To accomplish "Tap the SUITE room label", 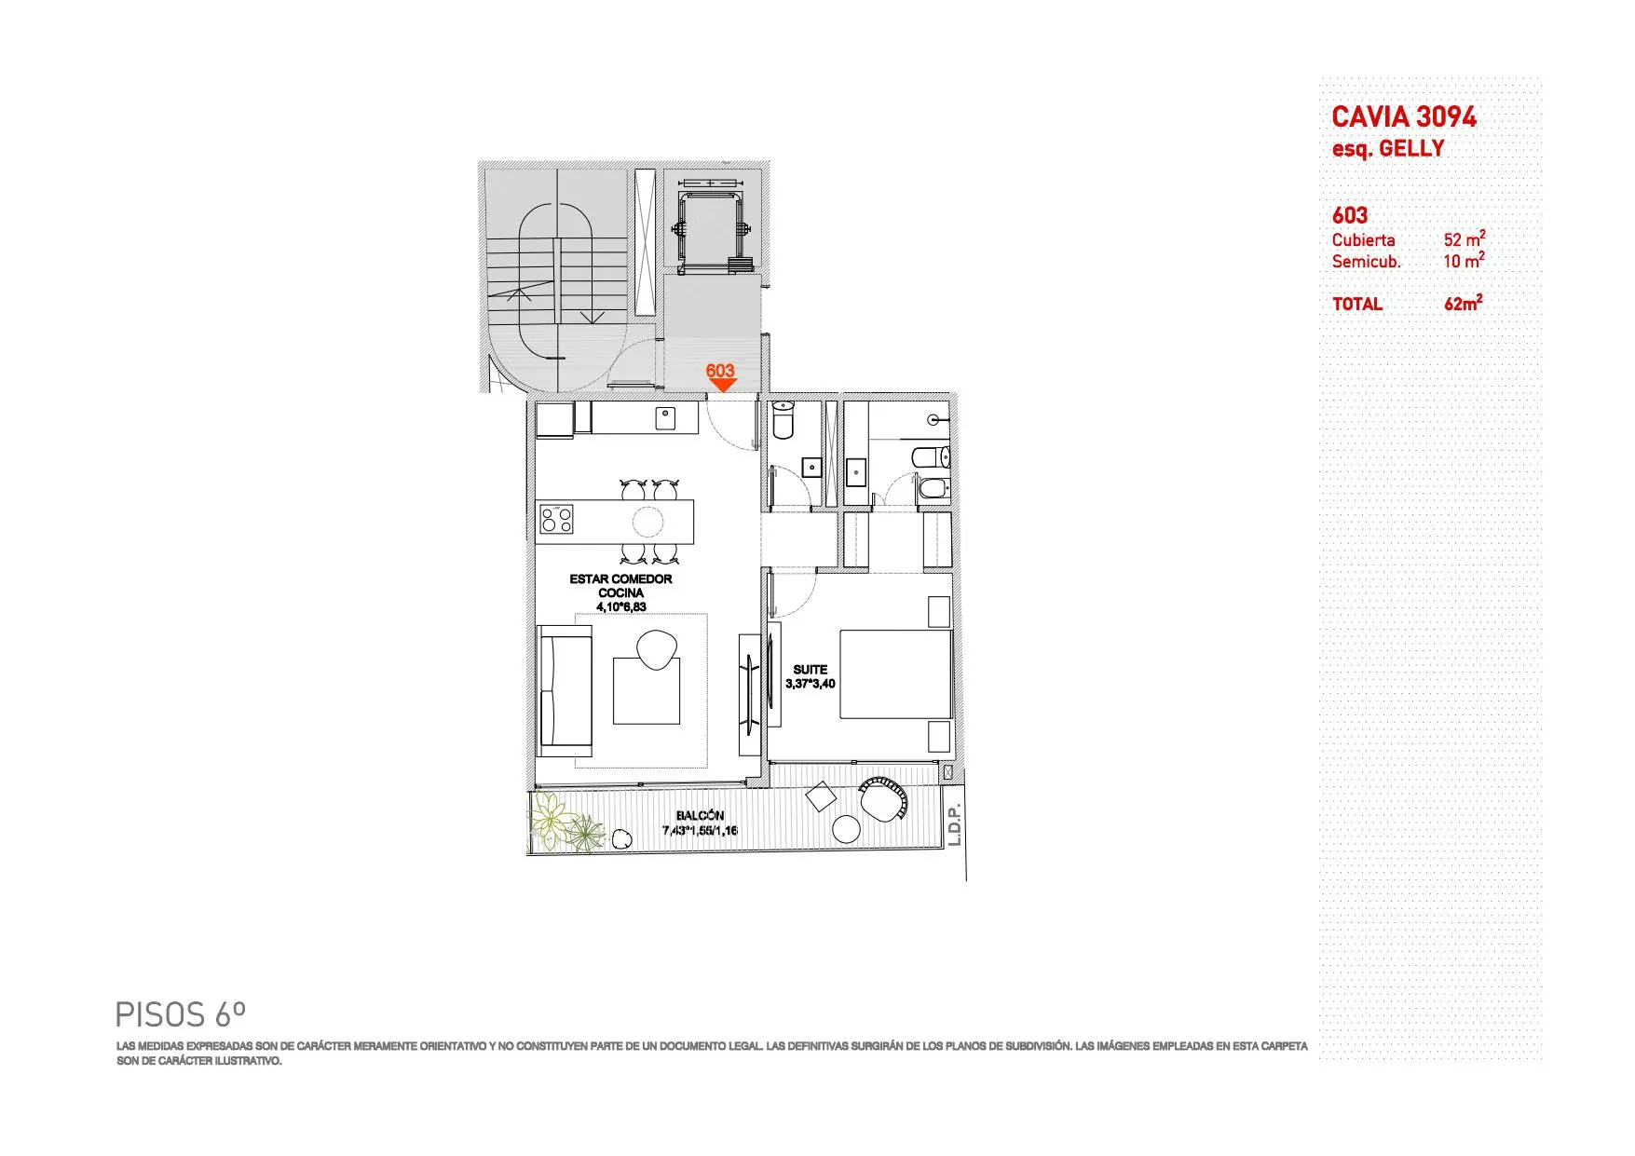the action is [x=811, y=670].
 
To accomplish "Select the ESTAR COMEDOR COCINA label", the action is [x=621, y=586].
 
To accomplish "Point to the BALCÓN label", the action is [x=700, y=816].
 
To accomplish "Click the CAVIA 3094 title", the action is [x=1404, y=117].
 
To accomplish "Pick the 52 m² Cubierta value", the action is [x=1465, y=239].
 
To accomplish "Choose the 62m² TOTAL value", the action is [x=1464, y=304].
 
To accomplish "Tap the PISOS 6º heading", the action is [x=181, y=1013].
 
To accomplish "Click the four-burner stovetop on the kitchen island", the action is [x=556, y=519].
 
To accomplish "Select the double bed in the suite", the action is [x=895, y=674].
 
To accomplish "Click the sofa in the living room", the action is [x=565, y=690].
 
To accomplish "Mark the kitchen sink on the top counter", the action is [x=664, y=417].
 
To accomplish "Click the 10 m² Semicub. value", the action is [x=1465, y=261].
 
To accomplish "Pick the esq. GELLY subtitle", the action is [x=1388, y=149].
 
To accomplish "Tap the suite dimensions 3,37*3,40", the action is [x=811, y=684].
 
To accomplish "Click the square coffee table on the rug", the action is [x=647, y=691].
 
